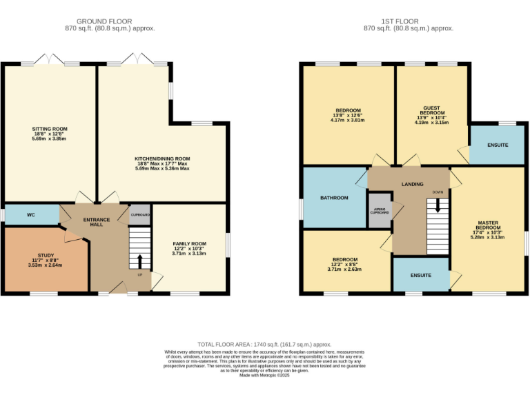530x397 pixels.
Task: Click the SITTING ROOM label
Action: (x=50, y=129)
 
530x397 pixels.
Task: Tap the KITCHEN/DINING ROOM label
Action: (x=162, y=159)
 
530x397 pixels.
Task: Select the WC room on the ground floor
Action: (x=31, y=215)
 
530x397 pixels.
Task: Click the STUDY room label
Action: (x=45, y=255)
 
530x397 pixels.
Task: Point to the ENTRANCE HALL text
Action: (x=97, y=223)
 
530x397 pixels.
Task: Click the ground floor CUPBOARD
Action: (x=140, y=215)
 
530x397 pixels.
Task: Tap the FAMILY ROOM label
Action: (x=189, y=244)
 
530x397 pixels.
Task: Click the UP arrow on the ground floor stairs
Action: (x=140, y=261)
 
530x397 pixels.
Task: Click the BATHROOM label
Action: (x=334, y=198)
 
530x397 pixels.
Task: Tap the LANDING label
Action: (x=413, y=184)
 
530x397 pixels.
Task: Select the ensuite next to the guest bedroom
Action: (x=497, y=145)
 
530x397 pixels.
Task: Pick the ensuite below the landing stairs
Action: (x=420, y=275)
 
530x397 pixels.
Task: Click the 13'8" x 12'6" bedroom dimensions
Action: (x=347, y=117)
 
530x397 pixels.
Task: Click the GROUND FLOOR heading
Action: (x=104, y=21)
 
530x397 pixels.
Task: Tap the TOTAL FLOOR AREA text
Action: (x=264, y=343)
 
